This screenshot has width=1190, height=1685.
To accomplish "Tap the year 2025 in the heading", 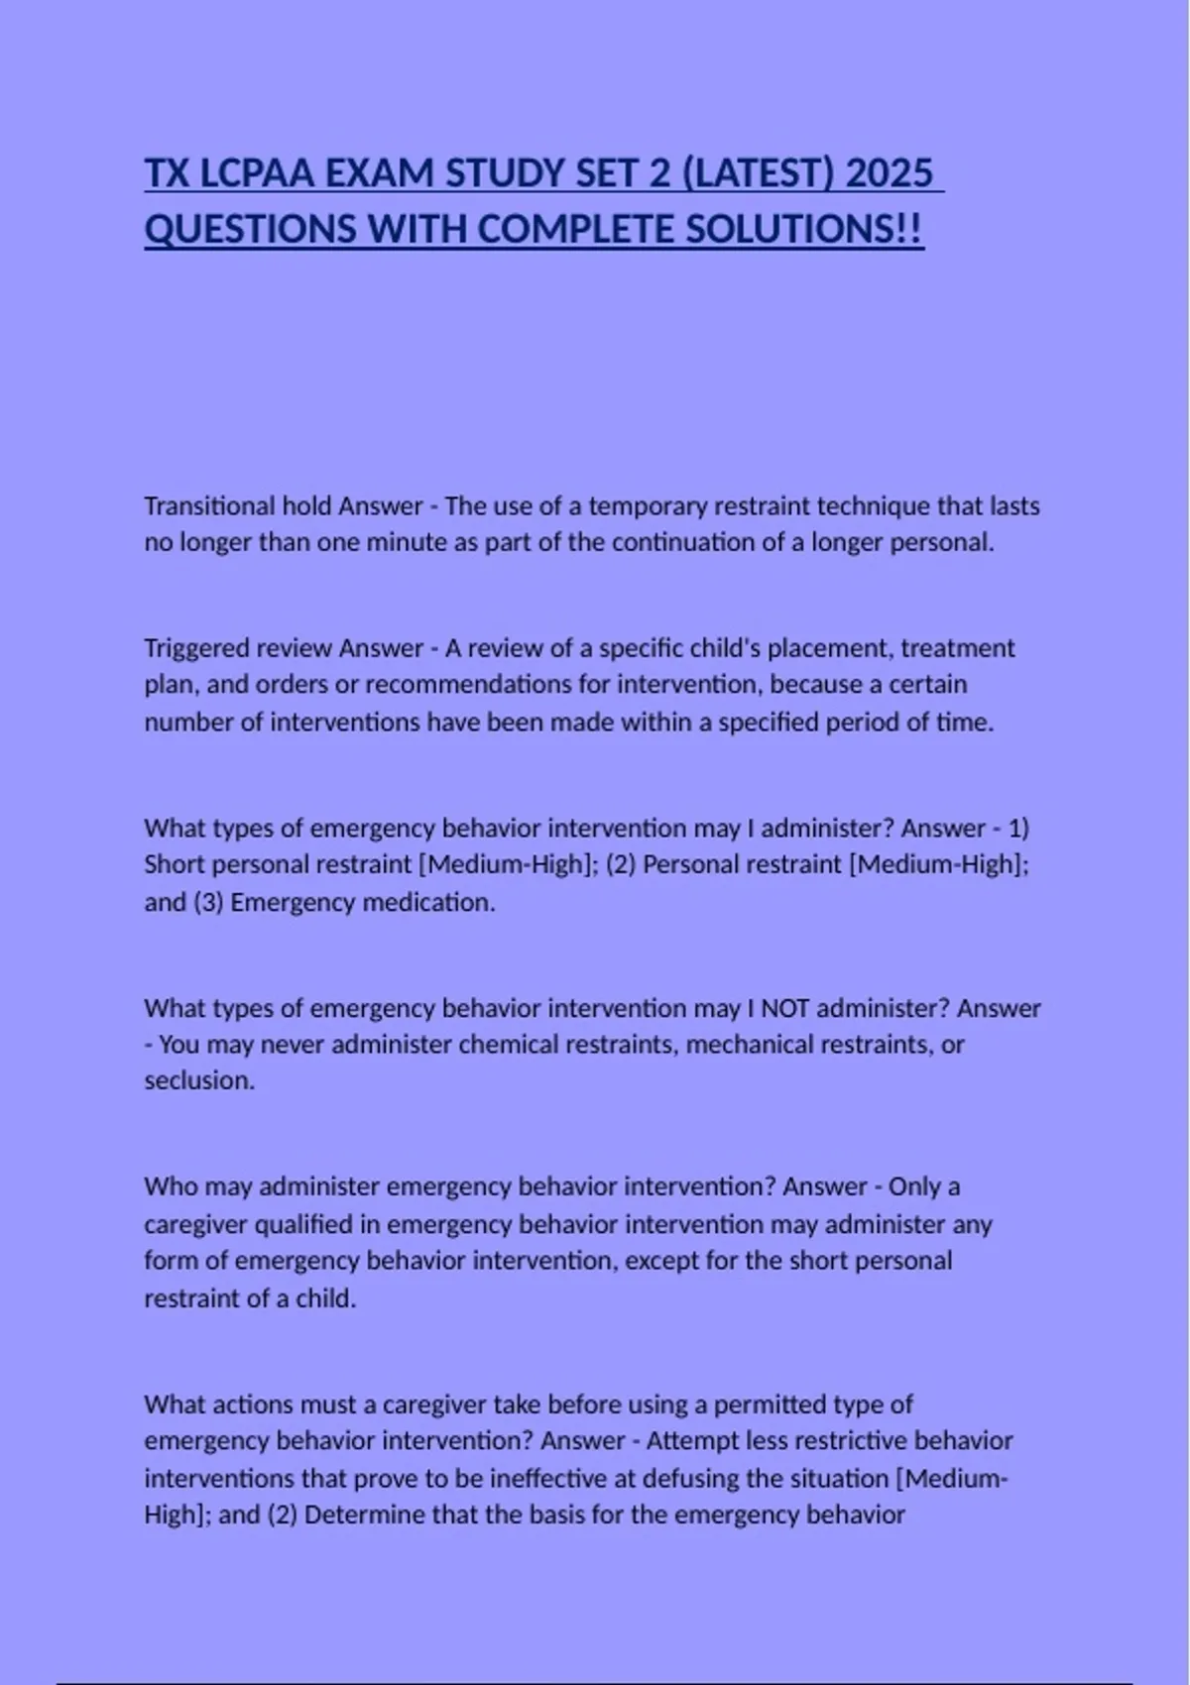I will point(891,173).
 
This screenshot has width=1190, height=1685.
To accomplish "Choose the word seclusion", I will point(199,1080).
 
